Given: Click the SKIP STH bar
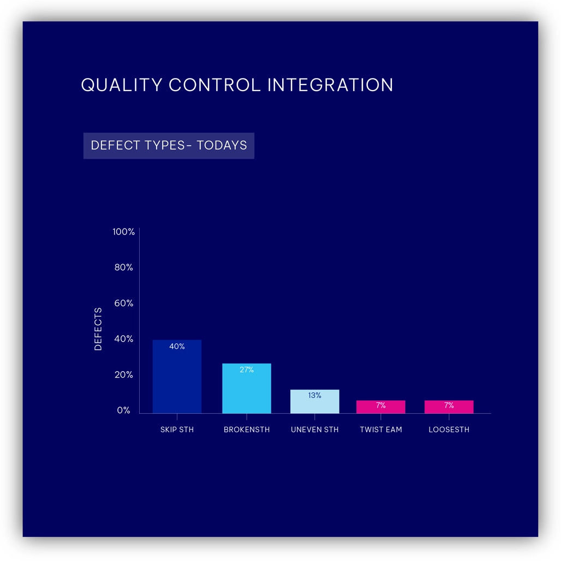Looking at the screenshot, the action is [177, 377].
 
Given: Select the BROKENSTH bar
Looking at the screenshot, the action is [247, 388].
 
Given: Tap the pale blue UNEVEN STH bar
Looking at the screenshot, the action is [314, 402].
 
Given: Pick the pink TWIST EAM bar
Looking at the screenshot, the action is [381, 407].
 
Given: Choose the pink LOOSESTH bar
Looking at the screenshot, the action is [449, 407].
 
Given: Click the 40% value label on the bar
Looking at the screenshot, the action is [177, 347].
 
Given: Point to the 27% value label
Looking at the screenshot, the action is [247, 369].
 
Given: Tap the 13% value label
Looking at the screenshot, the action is [314, 395].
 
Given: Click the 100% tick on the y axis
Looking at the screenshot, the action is [123, 232].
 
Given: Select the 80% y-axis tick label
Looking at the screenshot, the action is [123, 267].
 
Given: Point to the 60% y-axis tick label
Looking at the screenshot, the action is [123, 303].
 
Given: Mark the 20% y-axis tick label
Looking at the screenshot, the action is [123, 374].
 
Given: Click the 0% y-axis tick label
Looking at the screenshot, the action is [123, 410].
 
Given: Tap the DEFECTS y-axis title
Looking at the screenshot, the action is [98, 329].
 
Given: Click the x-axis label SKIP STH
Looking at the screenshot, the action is [177, 429].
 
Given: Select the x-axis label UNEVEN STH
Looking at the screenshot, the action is [314, 429].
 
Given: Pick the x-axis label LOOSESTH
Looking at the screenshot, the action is [449, 429].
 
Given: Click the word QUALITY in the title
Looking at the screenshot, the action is [122, 85].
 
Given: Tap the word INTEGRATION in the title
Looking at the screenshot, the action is [330, 85].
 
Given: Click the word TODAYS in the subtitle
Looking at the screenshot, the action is [222, 145].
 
